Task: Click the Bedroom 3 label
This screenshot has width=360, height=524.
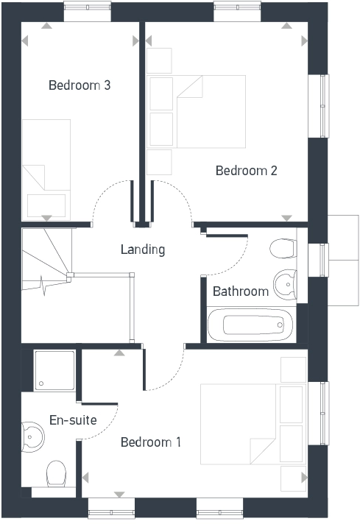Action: point(80,85)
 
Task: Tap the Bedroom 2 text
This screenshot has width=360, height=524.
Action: point(246,171)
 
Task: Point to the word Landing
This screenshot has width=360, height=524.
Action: point(143,249)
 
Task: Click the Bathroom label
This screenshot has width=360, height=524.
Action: point(241,291)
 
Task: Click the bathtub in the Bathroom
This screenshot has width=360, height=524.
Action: point(250,324)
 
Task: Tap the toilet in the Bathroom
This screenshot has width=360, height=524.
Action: point(283,248)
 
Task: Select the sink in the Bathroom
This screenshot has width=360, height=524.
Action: point(284,281)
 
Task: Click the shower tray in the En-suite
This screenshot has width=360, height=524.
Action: point(55,370)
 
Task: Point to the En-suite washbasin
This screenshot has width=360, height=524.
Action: point(33,436)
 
